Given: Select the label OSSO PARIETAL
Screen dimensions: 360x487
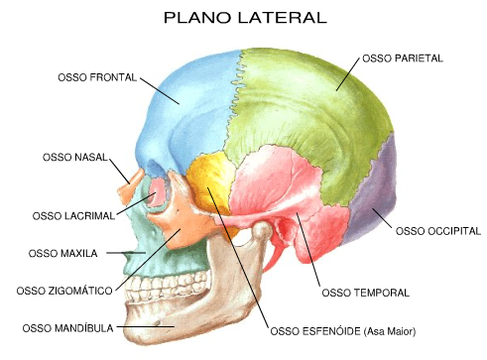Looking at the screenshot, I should (x=403, y=60).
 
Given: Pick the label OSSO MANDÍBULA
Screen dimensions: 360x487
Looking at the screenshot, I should (x=68, y=326).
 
